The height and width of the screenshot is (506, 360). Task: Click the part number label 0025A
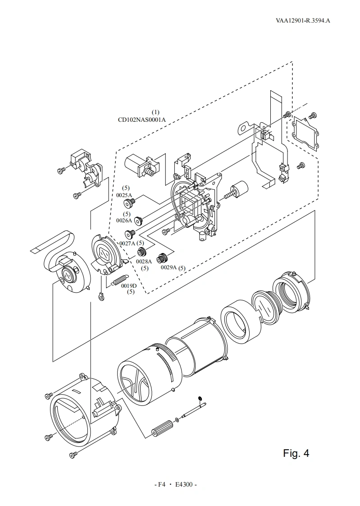coord(124,195)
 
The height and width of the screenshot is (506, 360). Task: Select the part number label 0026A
coord(124,221)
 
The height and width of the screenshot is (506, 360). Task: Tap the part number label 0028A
coord(144,262)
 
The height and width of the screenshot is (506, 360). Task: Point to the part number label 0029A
coord(169,267)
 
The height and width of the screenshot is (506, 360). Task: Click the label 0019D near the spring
coord(129,286)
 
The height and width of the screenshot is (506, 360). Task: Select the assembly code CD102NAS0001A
coord(142,120)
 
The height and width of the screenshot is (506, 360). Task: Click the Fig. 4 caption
coord(296,453)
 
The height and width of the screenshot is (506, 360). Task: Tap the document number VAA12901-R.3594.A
coord(303,21)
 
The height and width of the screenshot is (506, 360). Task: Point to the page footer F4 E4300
coord(176,485)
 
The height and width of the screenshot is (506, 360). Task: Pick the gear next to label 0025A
coord(129,204)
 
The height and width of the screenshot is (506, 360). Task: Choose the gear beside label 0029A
coord(163,258)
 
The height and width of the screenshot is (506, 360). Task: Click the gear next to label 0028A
coord(142,252)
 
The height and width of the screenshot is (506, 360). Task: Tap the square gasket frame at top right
coord(305,133)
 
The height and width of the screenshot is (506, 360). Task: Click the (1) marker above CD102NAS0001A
coord(155,112)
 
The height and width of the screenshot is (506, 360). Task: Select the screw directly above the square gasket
coord(312,115)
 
